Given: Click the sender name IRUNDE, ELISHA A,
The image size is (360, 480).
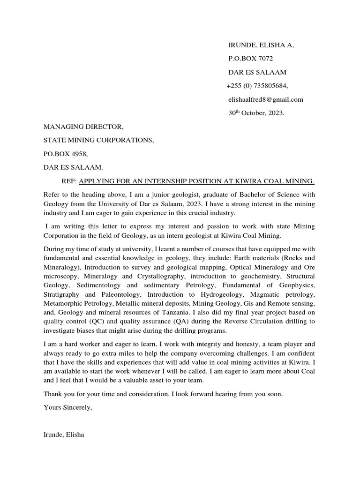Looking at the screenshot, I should point(261,45).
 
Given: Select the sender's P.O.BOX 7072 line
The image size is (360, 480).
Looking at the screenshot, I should point(250,59).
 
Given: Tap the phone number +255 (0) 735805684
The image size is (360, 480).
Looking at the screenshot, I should point(257,86).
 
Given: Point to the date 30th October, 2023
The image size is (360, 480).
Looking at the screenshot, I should point(256,113).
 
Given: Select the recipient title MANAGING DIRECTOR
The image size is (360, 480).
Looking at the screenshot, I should point(84,127).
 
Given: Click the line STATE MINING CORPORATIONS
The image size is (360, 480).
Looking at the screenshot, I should point(98,140).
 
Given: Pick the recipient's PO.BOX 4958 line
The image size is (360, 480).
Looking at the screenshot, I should point(66,154).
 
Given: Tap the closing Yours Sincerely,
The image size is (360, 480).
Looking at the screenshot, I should point(68,407).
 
